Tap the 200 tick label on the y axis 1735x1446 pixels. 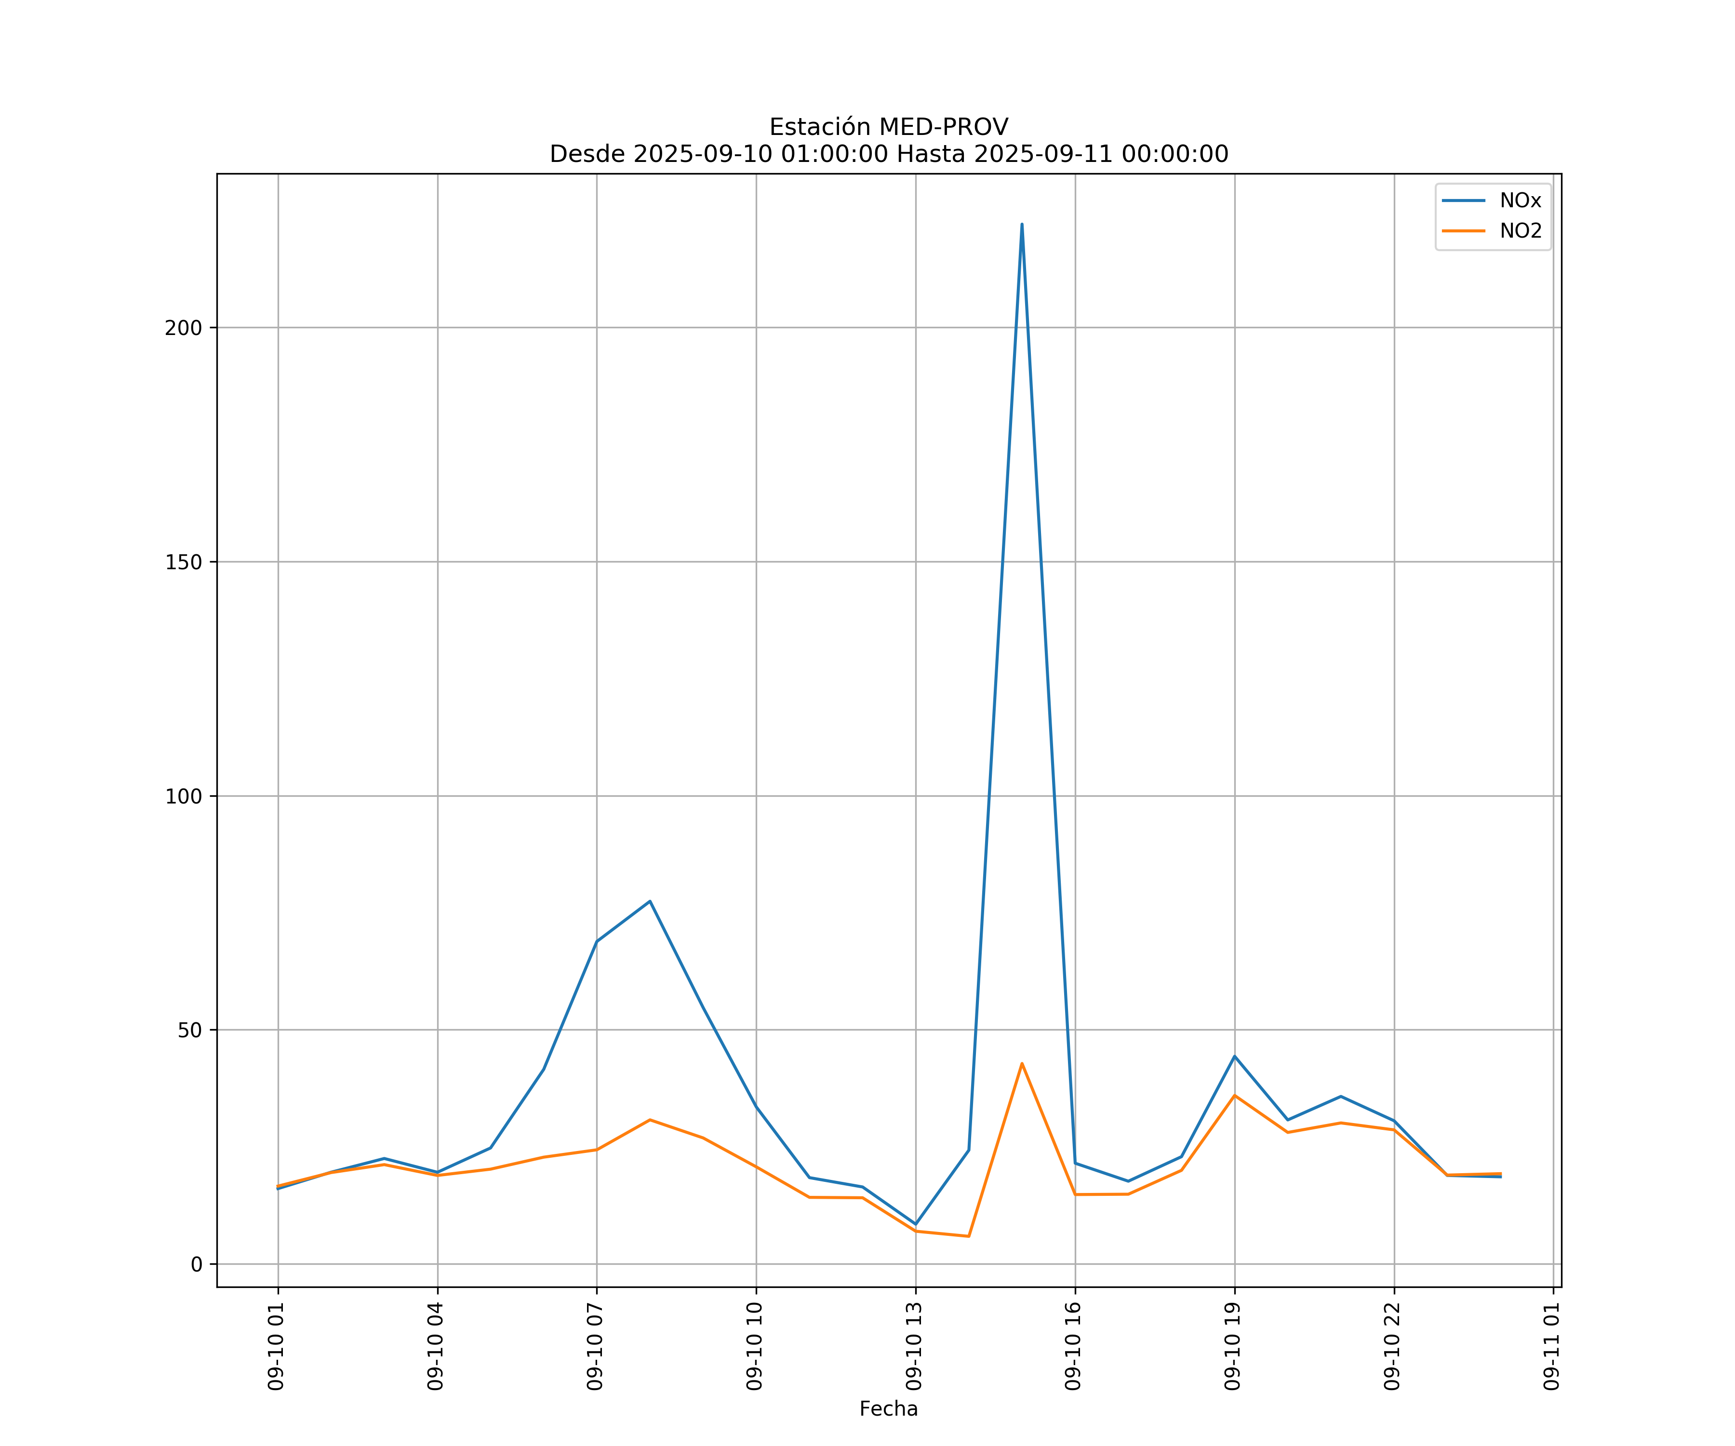[184, 328]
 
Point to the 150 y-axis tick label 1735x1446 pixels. [184, 562]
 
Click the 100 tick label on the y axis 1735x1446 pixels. [184, 797]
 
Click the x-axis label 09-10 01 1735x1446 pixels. [277, 1346]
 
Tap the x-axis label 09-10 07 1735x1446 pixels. [596, 1346]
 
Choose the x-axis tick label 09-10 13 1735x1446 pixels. [915, 1346]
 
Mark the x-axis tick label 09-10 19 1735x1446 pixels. [1233, 1346]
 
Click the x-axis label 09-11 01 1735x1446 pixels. [1552, 1346]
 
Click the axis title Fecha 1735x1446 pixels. [888, 1409]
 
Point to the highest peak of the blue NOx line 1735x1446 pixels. [1022, 225]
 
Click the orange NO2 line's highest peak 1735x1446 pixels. [1022, 1063]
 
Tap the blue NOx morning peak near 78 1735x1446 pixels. [650, 901]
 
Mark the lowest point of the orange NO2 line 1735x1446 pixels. [968, 1236]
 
